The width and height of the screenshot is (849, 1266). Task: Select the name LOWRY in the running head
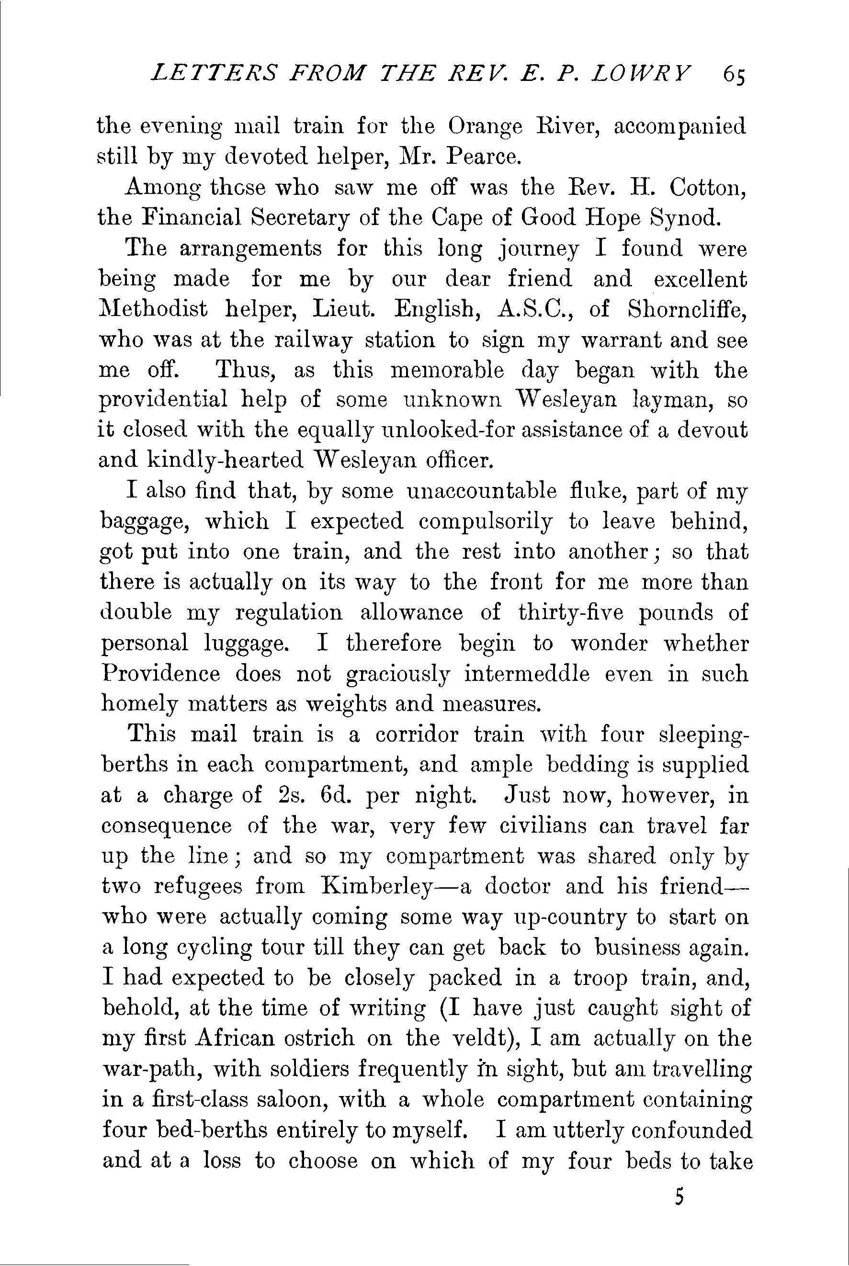[641, 72]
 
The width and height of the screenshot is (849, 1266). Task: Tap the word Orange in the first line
[485, 127]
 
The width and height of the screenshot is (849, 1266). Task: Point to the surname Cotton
[708, 188]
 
